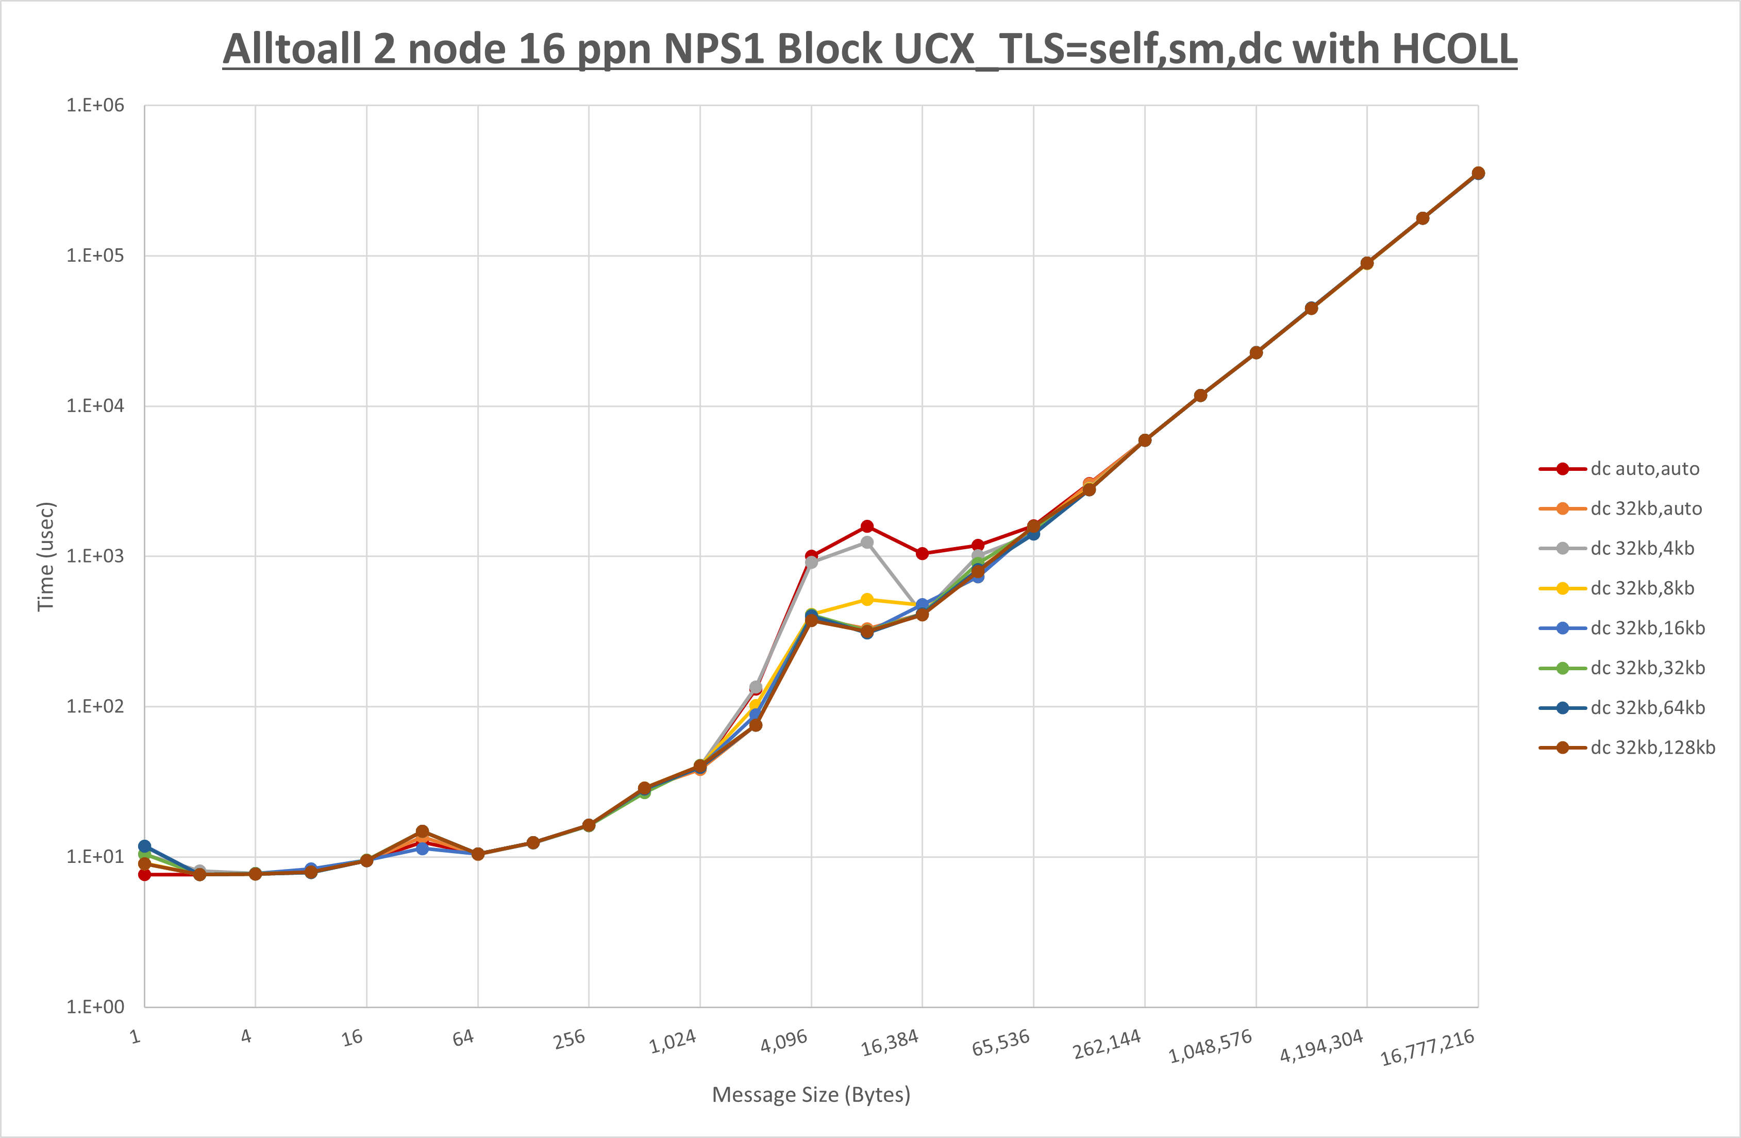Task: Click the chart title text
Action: (870, 49)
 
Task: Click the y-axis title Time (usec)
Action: (45, 556)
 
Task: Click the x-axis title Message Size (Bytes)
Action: (811, 1095)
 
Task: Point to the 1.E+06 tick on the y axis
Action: (95, 105)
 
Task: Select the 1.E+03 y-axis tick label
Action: (95, 556)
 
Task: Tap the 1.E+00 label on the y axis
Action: (95, 1007)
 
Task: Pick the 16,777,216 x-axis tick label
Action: (1427, 1047)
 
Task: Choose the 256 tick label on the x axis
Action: (569, 1039)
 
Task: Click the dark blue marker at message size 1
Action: (145, 846)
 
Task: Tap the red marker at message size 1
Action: (145, 874)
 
